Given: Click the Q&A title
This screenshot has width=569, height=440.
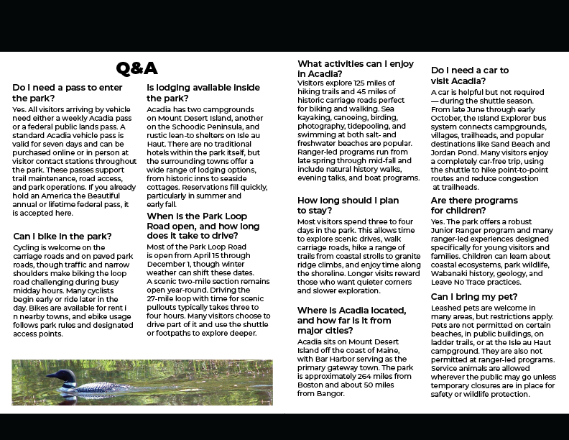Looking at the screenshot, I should pos(137,69).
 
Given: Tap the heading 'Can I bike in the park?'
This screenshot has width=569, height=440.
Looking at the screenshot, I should pos(63,236).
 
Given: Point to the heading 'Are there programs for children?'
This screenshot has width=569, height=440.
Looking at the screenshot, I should pos(474,205).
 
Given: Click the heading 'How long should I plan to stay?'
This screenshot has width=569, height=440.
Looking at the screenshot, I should pos(348,205).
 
